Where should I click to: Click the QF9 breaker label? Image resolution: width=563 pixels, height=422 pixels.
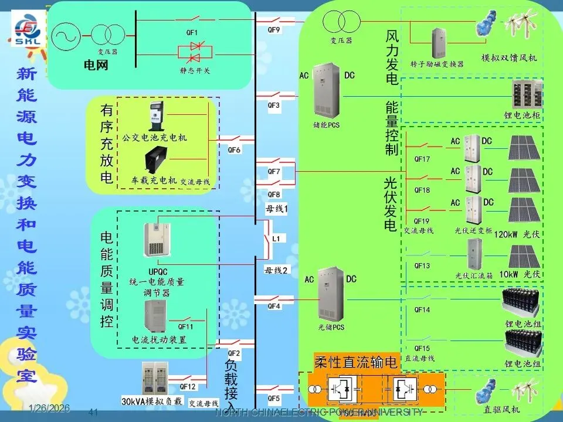[274, 29]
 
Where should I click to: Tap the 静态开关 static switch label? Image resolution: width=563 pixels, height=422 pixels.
[195, 70]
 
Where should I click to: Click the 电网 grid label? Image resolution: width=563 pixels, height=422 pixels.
[96, 66]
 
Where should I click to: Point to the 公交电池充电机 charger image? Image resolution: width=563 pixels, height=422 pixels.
[155, 118]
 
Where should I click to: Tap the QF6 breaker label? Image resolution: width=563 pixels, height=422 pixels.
[234, 149]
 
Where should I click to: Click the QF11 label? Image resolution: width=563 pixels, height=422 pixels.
[185, 326]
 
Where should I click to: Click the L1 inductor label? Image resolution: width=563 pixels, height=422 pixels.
[276, 239]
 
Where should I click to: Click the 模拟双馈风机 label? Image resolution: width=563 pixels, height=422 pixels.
[508, 59]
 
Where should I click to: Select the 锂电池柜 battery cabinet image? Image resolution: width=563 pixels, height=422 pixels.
[526, 95]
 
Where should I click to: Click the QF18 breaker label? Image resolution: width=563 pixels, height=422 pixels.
[422, 190]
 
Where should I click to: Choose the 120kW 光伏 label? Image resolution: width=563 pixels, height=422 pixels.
[516, 234]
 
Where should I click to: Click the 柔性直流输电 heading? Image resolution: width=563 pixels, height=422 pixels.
[356, 362]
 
